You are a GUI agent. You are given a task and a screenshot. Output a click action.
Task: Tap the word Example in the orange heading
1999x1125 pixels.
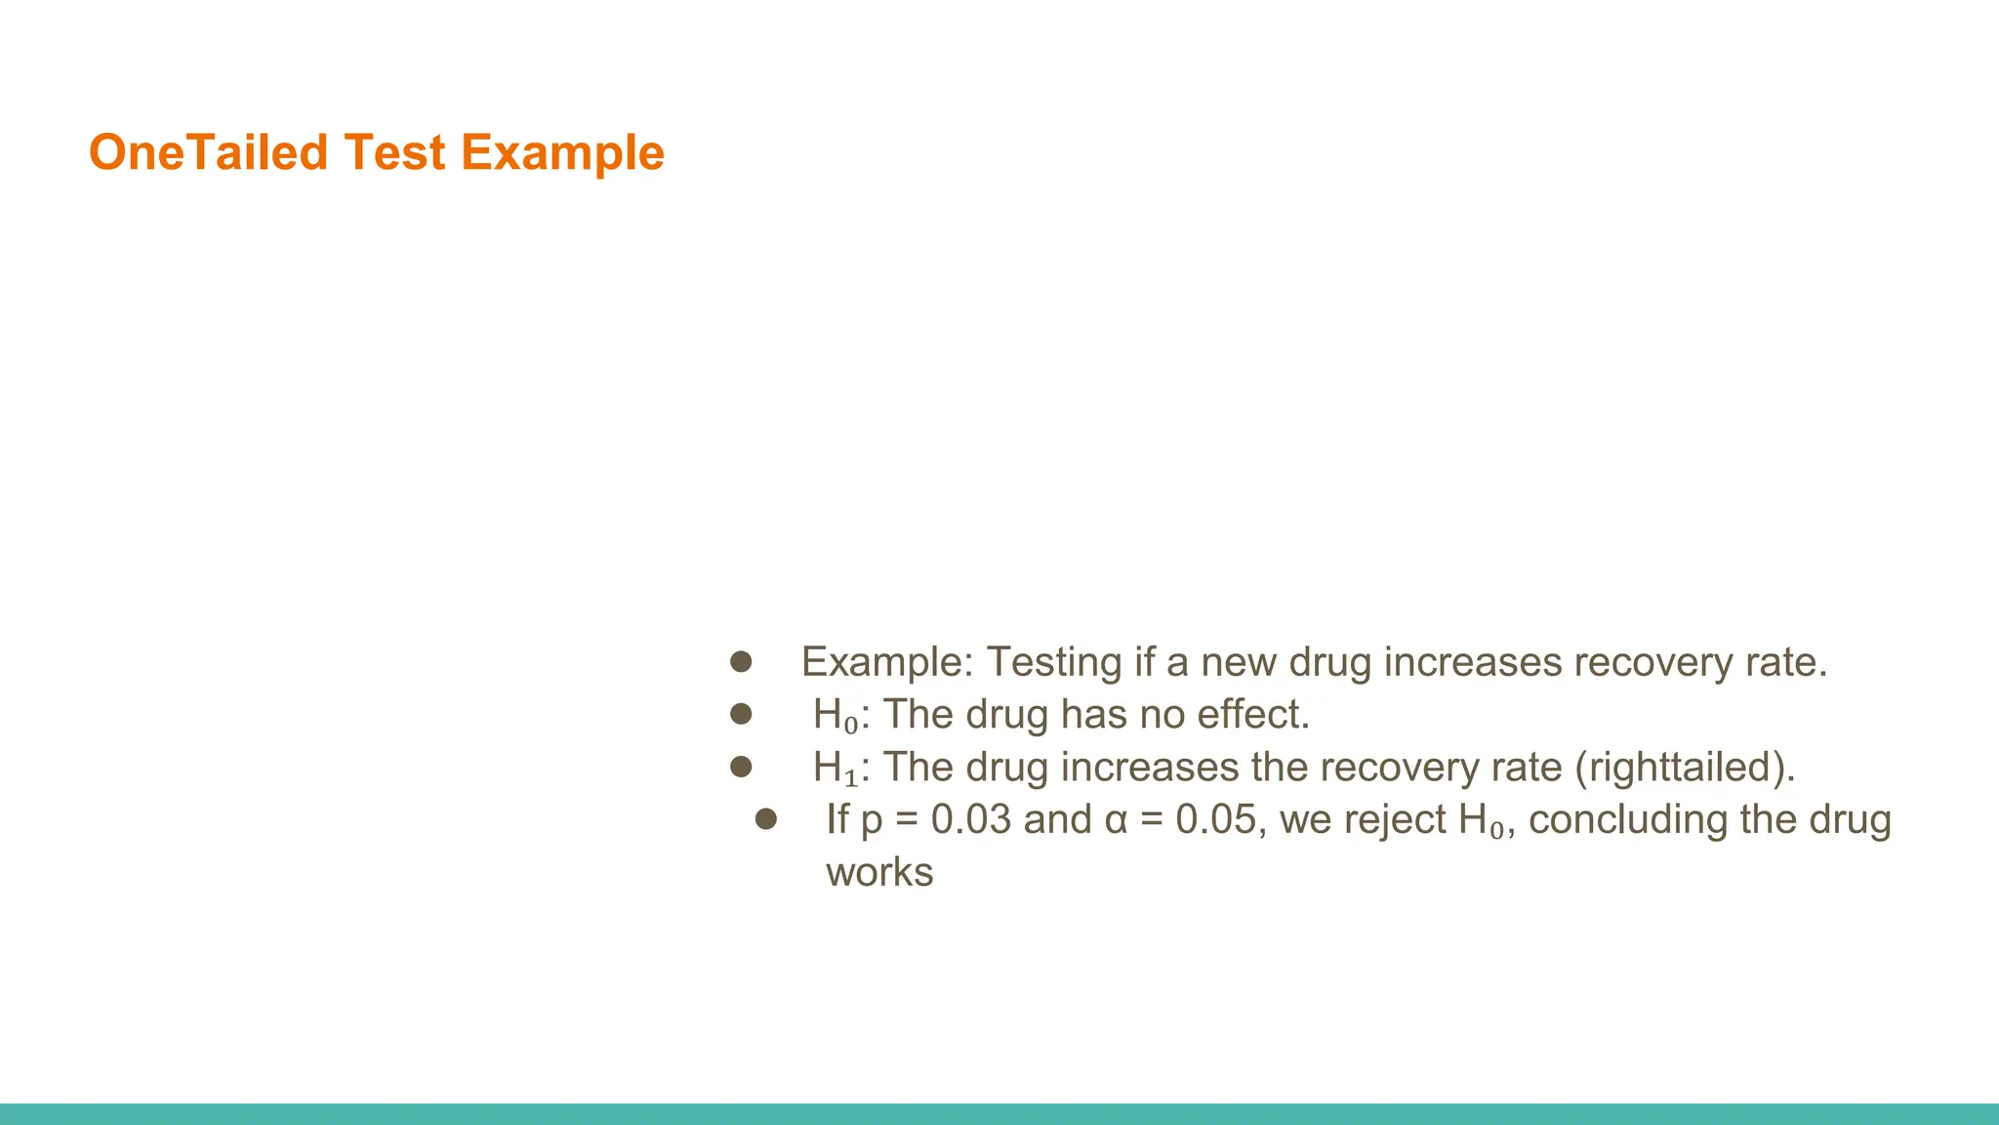pyautogui.click(x=562, y=153)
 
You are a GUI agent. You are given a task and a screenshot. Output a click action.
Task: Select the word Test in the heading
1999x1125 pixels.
pyautogui.click(x=393, y=153)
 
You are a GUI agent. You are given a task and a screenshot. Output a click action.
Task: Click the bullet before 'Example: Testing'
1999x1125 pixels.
pyautogui.click(x=741, y=662)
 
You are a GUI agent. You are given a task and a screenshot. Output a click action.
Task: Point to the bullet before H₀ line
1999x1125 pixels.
pyautogui.click(x=741, y=715)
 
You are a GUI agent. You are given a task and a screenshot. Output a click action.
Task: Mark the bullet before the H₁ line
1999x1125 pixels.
pyautogui.click(x=741, y=768)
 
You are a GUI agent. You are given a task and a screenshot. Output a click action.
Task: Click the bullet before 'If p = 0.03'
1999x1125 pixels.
pyautogui.click(x=766, y=819)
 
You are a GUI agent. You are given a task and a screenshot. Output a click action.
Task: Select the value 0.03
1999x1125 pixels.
pyautogui.click(x=970, y=819)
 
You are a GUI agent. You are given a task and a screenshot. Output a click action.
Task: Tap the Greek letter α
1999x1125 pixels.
pyautogui.click(x=1116, y=821)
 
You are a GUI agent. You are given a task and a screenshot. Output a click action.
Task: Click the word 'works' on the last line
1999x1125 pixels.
pyautogui.click(x=879, y=872)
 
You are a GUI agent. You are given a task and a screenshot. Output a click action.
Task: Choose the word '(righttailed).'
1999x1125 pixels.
pyautogui.click(x=1685, y=768)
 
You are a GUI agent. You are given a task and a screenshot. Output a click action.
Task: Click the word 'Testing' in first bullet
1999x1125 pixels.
pyautogui.click(x=1054, y=663)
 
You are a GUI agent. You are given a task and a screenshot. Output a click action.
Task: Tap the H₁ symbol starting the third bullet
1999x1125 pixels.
pyautogui.click(x=836, y=769)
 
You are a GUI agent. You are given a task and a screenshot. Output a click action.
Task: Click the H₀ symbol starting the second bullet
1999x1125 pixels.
pyautogui.click(x=836, y=716)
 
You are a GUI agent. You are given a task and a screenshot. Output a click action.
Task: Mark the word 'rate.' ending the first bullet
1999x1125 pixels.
pyautogui.click(x=1785, y=663)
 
